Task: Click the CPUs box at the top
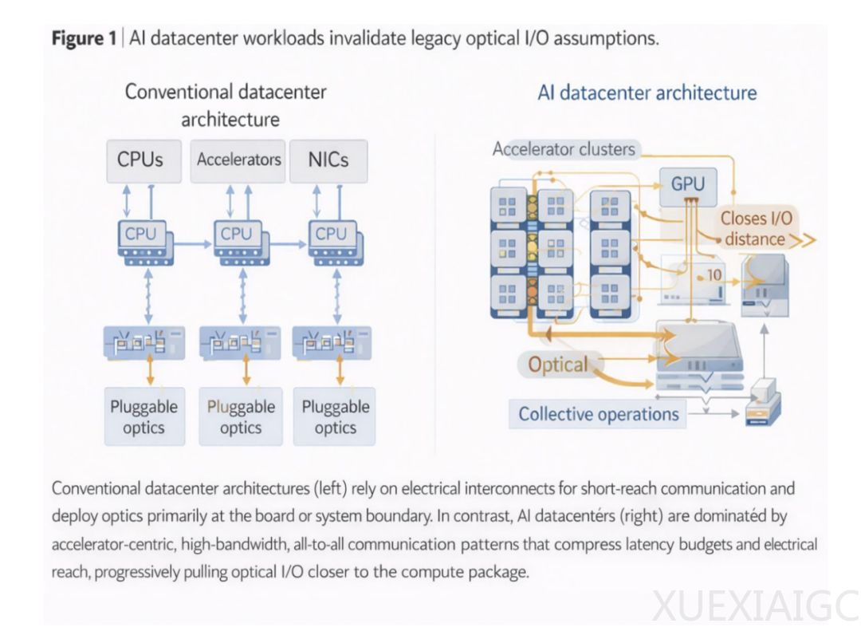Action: click(140, 160)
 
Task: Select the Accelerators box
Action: click(239, 160)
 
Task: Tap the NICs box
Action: click(328, 160)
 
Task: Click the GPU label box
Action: click(687, 183)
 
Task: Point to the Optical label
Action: click(558, 365)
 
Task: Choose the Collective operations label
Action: click(599, 414)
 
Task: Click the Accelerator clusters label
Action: click(564, 149)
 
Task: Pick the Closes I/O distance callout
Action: click(757, 228)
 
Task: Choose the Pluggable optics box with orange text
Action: click(240, 416)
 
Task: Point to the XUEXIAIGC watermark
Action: click(754, 605)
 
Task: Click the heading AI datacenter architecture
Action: click(647, 93)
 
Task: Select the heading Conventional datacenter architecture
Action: click(226, 105)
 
